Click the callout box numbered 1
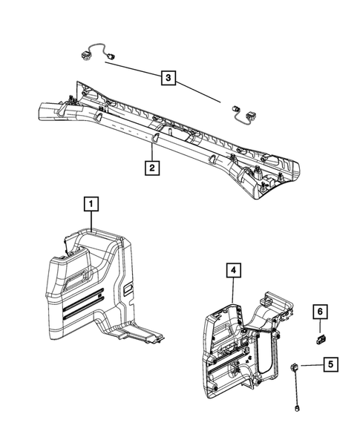click(x=90, y=202)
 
